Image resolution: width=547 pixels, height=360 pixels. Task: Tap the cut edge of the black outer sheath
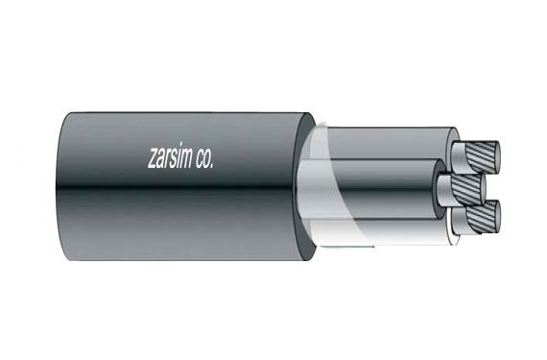click(307, 182)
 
